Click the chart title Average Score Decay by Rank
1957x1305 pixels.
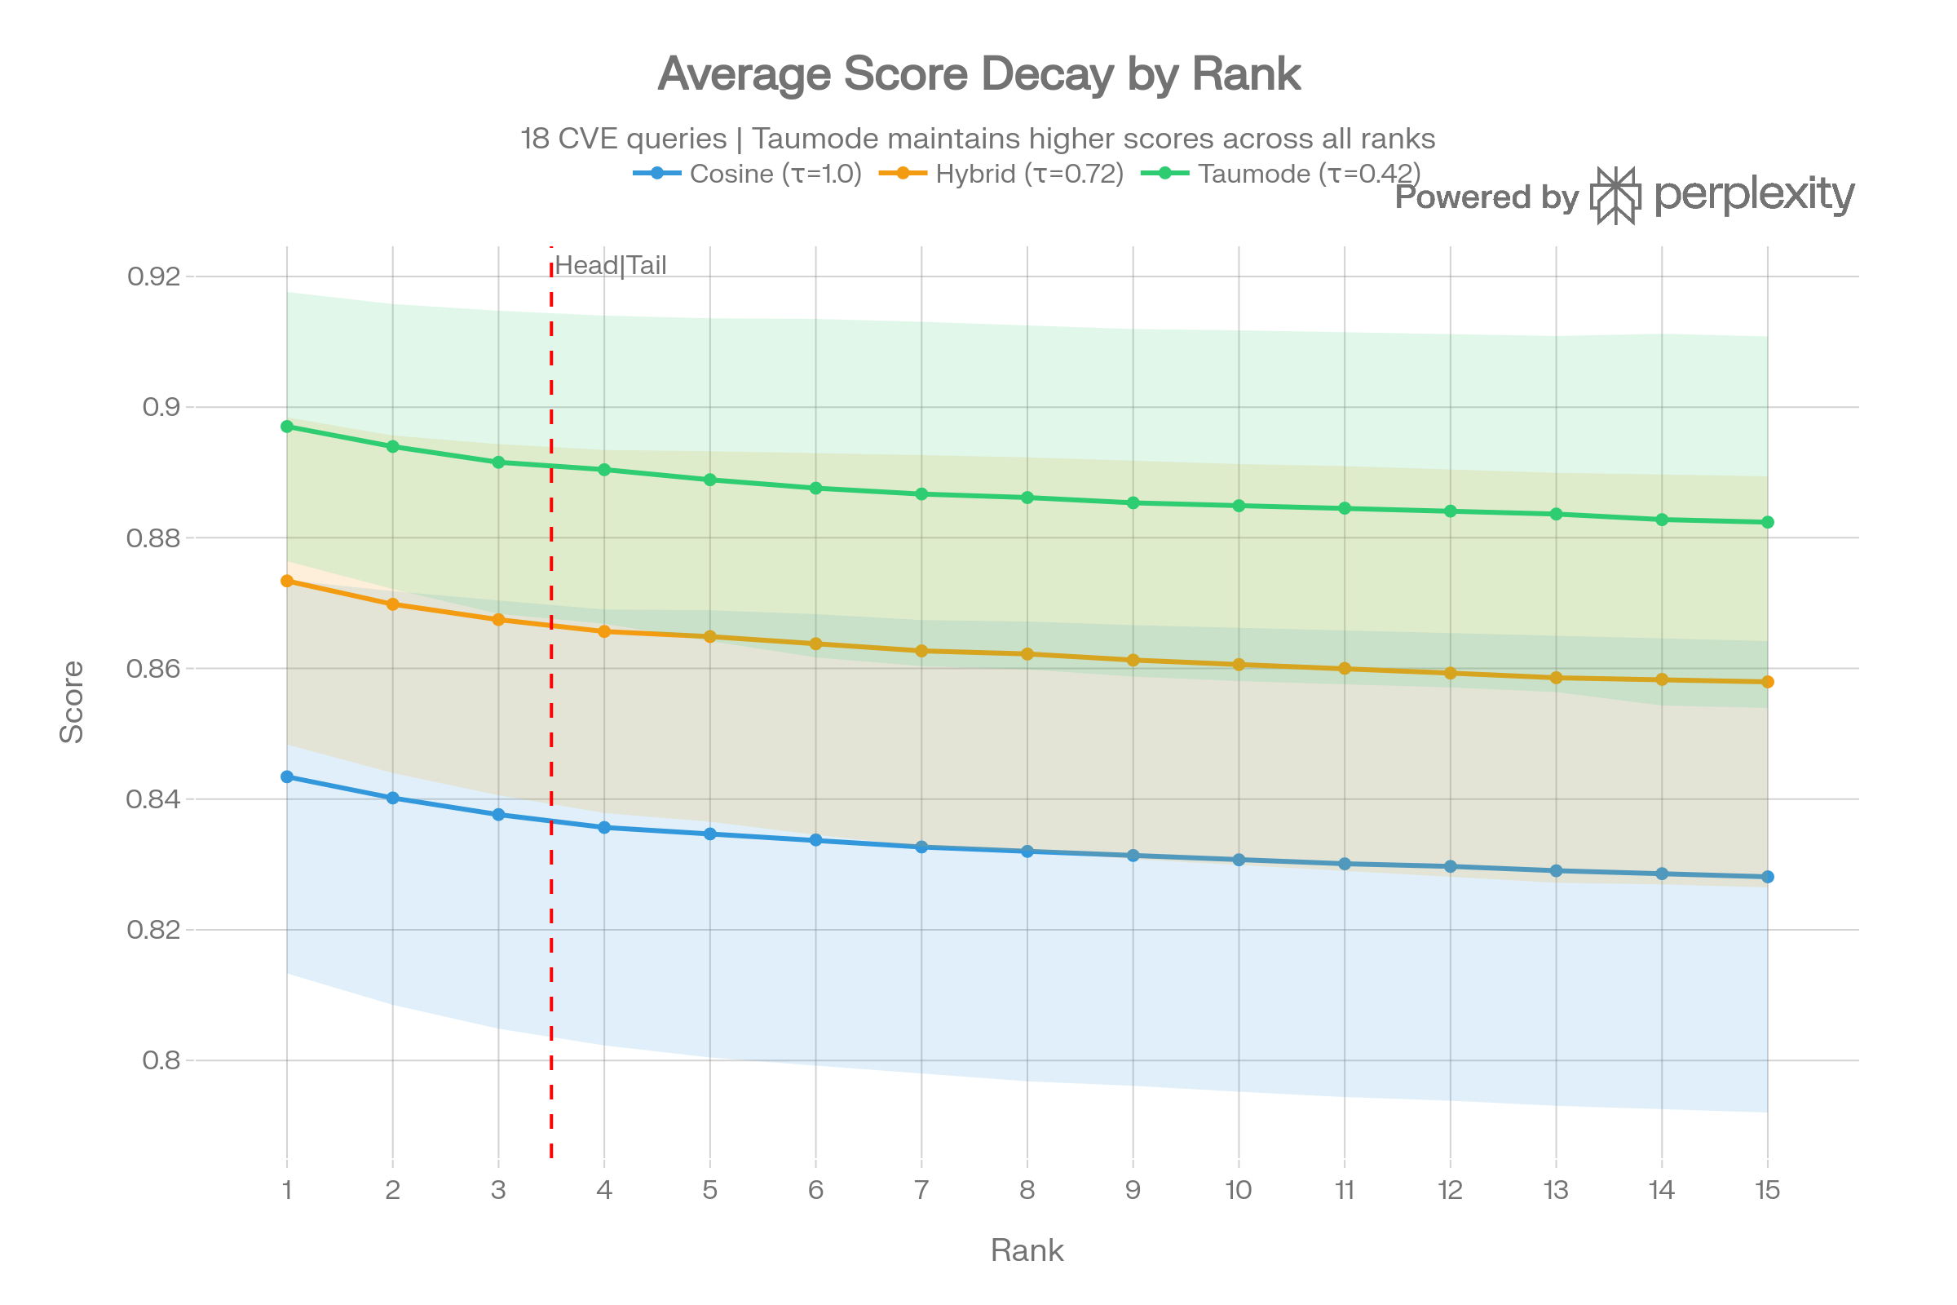click(978, 74)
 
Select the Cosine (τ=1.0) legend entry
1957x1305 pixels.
click(747, 174)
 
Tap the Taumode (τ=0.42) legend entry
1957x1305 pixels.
click(1279, 174)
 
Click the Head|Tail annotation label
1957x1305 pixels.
click(610, 266)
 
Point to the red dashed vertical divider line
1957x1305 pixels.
click(552, 915)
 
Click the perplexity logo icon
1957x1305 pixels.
click(1615, 196)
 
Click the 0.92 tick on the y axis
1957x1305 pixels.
click(153, 276)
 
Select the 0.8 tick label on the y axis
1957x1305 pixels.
click(161, 1060)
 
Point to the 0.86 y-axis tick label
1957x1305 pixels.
click(153, 668)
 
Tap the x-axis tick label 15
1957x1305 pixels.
click(1767, 1190)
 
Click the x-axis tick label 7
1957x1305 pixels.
click(921, 1190)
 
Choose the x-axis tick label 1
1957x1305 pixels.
click(287, 1190)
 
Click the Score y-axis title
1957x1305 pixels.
click(73, 701)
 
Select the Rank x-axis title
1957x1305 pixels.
click(1027, 1251)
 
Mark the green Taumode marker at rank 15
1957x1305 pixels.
click(1768, 522)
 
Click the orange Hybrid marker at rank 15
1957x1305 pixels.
click(1768, 682)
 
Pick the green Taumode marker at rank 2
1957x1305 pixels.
click(393, 446)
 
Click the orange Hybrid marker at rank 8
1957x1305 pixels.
click(1027, 654)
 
